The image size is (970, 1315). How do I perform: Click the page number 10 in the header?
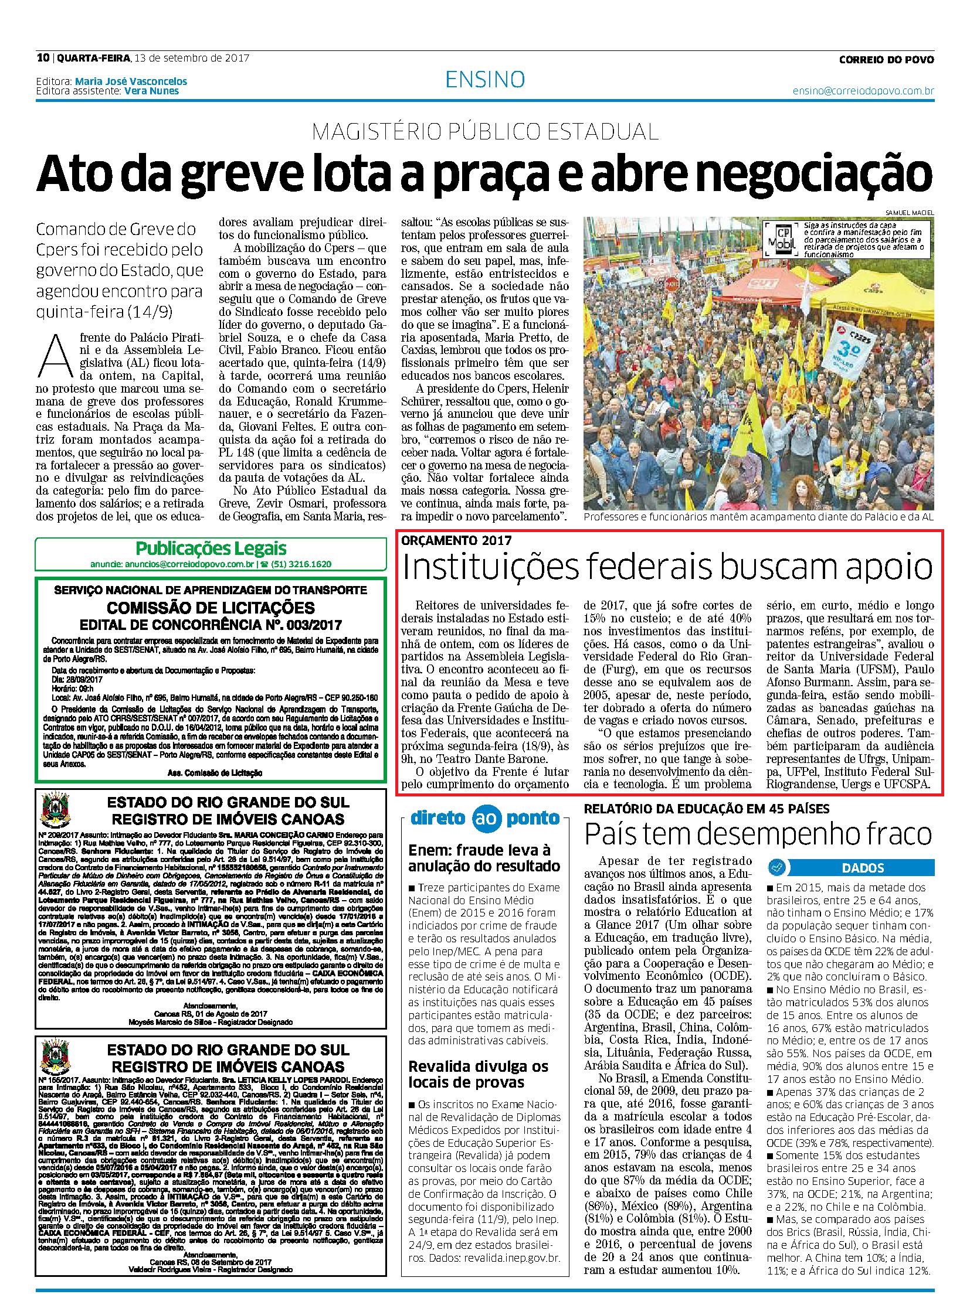pos(42,58)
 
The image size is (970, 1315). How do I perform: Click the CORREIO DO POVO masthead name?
pos(886,59)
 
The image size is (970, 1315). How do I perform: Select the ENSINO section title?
pos(485,79)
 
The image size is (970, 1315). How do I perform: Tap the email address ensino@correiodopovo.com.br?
pos(863,91)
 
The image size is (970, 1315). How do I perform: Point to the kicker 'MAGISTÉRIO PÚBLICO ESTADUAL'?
pos(485,132)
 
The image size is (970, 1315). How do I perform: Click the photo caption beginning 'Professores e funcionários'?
pos(758,517)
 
